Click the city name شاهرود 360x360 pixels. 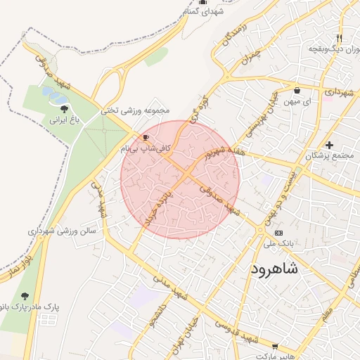tap(274, 269)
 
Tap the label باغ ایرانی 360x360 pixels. tap(65, 120)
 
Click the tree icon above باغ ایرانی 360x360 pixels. tap(65, 109)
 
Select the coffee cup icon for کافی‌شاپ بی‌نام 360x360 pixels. tap(146, 138)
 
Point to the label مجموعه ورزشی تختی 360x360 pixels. tap(136, 110)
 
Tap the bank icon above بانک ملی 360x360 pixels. tap(279, 232)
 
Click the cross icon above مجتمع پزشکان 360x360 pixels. tap(329, 145)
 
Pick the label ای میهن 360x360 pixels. tap(298, 101)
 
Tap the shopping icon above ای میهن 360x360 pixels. tap(297, 90)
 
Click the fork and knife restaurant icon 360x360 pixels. tap(340, 38)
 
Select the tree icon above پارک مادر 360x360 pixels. tap(25, 297)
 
